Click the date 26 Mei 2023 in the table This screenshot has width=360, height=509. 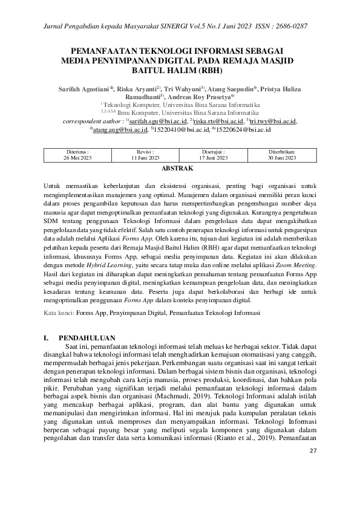(x=77, y=158)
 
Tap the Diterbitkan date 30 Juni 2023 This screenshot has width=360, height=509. (x=282, y=158)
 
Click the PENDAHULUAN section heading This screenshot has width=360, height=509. (x=91, y=336)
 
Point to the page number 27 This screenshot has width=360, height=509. (x=312, y=468)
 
